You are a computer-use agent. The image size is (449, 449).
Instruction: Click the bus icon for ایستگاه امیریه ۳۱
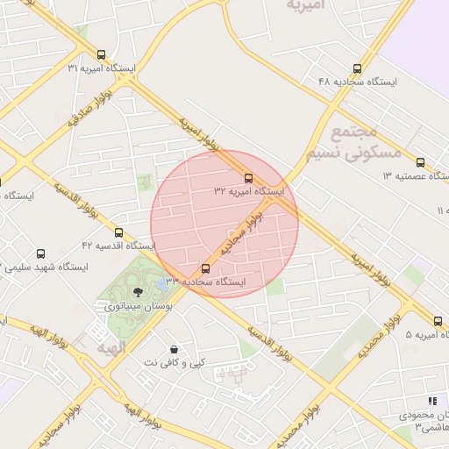click(103, 54)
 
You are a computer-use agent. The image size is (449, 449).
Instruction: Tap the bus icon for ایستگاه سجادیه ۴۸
click(356, 68)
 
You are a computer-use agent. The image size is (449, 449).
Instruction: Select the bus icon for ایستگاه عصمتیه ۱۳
click(421, 162)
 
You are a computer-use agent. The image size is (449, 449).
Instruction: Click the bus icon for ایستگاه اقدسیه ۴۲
click(119, 232)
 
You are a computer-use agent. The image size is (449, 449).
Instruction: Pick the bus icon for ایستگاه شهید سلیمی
click(40, 253)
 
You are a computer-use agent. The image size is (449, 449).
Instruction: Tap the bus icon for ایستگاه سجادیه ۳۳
click(206, 268)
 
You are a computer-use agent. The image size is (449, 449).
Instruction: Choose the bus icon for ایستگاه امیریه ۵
click(439, 322)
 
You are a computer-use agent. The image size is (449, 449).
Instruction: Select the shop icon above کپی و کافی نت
click(175, 348)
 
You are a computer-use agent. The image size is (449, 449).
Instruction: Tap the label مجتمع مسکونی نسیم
click(354, 142)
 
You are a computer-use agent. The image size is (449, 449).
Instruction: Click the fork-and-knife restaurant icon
click(431, 401)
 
